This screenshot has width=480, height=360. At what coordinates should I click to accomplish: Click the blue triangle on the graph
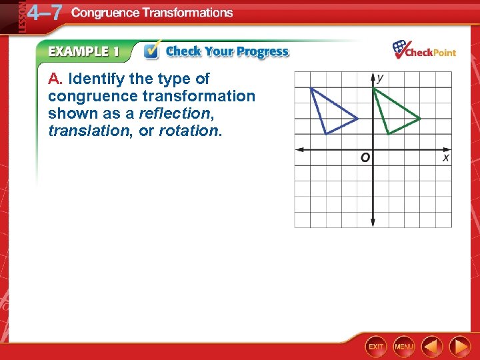click(331, 112)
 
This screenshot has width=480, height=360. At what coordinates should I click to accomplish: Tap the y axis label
click(380, 78)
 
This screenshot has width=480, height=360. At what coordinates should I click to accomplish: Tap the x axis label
click(445, 157)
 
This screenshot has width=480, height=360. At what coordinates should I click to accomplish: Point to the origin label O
click(365, 158)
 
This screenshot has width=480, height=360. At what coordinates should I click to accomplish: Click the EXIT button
click(376, 346)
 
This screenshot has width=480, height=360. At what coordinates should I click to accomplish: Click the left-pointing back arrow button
click(432, 346)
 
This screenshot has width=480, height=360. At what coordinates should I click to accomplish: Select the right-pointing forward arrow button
click(459, 346)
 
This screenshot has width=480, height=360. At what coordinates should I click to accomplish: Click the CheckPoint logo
click(424, 51)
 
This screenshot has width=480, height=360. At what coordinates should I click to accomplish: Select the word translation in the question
click(87, 131)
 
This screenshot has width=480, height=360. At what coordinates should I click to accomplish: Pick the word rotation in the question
click(189, 131)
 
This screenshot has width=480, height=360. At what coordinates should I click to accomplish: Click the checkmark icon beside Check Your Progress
click(152, 51)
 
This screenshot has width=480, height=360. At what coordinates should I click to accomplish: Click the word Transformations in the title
click(188, 13)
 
